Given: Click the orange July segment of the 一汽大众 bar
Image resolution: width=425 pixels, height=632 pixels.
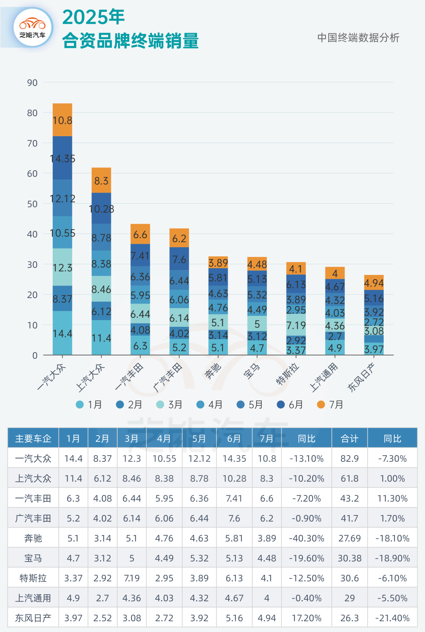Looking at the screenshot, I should tap(62, 120).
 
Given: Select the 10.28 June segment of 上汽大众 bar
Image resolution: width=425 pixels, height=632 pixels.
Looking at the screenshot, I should tap(101, 208).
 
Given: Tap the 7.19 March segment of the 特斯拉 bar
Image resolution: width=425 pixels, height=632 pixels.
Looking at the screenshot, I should tap(296, 325).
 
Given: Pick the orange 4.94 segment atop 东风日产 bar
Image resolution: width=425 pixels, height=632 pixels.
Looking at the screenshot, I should tap(373, 282).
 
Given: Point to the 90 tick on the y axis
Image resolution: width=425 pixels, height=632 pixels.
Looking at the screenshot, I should tap(32, 83).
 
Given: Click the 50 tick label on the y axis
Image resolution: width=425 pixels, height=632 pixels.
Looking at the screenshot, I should tap(32, 204).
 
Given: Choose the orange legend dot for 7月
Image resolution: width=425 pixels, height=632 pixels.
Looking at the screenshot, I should tap(321, 404).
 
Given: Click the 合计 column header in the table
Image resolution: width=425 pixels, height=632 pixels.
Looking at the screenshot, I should tap(349, 438).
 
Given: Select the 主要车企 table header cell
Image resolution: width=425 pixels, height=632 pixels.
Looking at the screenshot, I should tap(33, 438).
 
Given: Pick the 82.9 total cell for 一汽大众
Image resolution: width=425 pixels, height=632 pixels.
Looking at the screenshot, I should tap(349, 458).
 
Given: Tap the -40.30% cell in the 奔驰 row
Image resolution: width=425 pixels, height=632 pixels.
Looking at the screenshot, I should tap(306, 538).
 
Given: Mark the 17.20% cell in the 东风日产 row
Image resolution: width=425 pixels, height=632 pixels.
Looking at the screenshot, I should tap(306, 618).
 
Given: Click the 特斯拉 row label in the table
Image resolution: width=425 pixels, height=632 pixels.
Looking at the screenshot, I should tap(33, 578).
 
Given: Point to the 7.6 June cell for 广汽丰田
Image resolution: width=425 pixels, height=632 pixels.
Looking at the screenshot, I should tap(234, 518).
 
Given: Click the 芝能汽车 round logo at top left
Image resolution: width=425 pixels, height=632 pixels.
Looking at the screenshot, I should tap(33, 27).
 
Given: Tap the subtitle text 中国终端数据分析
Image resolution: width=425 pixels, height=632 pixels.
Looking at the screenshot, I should tap(358, 38).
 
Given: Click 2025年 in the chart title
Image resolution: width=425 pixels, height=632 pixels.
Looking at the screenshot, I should tap(93, 17).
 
